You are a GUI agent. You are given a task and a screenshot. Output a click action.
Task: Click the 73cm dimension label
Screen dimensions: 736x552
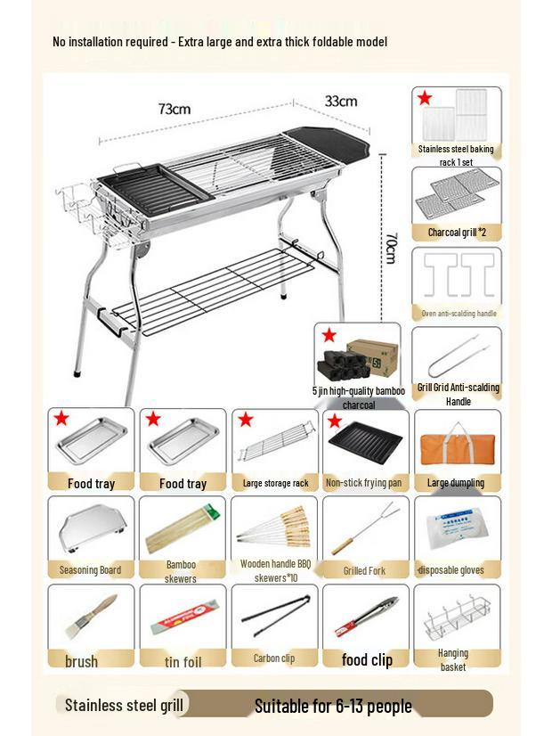click(x=174, y=109)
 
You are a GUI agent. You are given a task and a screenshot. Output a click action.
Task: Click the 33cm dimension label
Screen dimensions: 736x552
click(x=340, y=101)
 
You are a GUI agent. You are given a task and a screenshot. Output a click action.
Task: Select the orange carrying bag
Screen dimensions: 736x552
click(x=456, y=441)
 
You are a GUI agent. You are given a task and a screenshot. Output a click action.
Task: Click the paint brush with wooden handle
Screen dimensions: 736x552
click(x=90, y=617)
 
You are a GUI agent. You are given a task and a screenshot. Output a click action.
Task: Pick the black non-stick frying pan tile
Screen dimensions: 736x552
click(x=364, y=442)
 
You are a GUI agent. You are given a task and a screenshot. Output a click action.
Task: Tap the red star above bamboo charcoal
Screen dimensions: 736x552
click(x=329, y=335)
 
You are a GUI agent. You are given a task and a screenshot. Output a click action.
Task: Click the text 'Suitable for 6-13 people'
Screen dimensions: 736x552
click(x=333, y=706)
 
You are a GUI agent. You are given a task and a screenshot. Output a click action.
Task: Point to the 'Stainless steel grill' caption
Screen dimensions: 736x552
click(x=124, y=705)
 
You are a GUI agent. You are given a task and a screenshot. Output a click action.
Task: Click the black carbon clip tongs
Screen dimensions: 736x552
click(x=273, y=618)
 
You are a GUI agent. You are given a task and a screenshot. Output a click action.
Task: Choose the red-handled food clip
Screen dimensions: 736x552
click(x=364, y=617)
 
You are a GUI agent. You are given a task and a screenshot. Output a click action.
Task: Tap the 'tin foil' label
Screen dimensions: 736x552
click(x=183, y=661)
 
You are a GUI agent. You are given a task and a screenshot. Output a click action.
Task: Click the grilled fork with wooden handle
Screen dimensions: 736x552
click(x=364, y=529)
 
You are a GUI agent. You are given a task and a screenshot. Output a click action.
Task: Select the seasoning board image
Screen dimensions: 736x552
click(x=90, y=528)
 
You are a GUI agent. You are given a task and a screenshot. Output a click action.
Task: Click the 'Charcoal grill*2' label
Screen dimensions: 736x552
click(x=456, y=233)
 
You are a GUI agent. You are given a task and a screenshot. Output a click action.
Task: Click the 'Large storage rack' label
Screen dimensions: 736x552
click(x=275, y=483)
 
